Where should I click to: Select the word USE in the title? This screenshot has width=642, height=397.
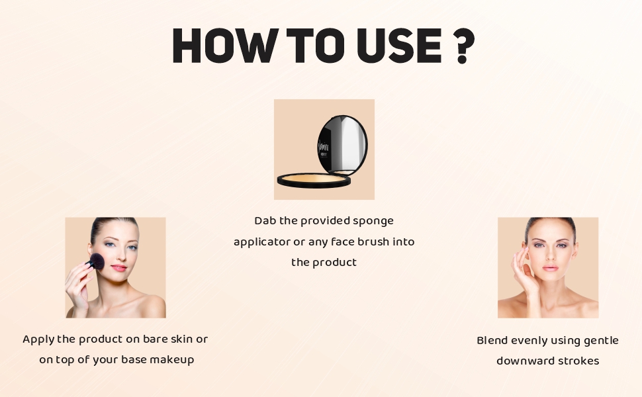399,46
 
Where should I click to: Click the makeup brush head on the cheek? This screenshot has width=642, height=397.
97,261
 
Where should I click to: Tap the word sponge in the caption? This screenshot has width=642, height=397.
373,222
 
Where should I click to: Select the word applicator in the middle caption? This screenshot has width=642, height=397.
261,242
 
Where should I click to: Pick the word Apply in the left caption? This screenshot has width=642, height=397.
38,339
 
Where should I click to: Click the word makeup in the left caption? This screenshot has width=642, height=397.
171,360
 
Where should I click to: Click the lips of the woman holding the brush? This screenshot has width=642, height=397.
118,268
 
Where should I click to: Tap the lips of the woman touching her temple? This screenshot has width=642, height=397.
550,268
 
